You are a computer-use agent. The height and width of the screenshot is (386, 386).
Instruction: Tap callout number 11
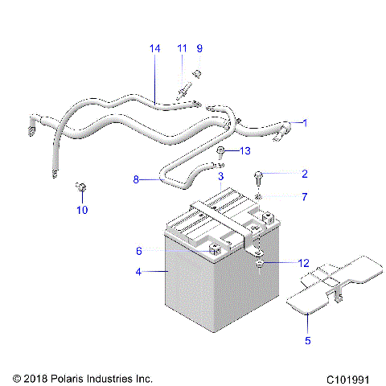click(x=183, y=49)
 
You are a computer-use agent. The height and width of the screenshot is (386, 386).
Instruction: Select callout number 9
click(x=200, y=49)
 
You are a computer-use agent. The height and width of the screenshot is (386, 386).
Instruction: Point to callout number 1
click(x=305, y=123)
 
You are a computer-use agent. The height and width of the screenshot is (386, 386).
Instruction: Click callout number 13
click(x=247, y=151)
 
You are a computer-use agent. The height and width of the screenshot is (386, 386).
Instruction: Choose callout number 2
click(x=305, y=174)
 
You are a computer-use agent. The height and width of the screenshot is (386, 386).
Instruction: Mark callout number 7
click(x=305, y=197)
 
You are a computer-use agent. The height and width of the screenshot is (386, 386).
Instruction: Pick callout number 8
click(x=137, y=180)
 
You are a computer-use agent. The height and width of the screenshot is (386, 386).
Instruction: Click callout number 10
click(x=81, y=211)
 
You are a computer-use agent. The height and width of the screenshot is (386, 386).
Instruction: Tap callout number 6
click(x=138, y=251)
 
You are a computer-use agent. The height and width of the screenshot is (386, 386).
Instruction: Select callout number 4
click(x=138, y=272)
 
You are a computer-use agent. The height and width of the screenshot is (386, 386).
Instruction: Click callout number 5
click(x=308, y=339)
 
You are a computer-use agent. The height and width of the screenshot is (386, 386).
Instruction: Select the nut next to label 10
click(x=81, y=188)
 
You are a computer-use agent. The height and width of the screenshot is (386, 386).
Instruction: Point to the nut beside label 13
click(x=221, y=151)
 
